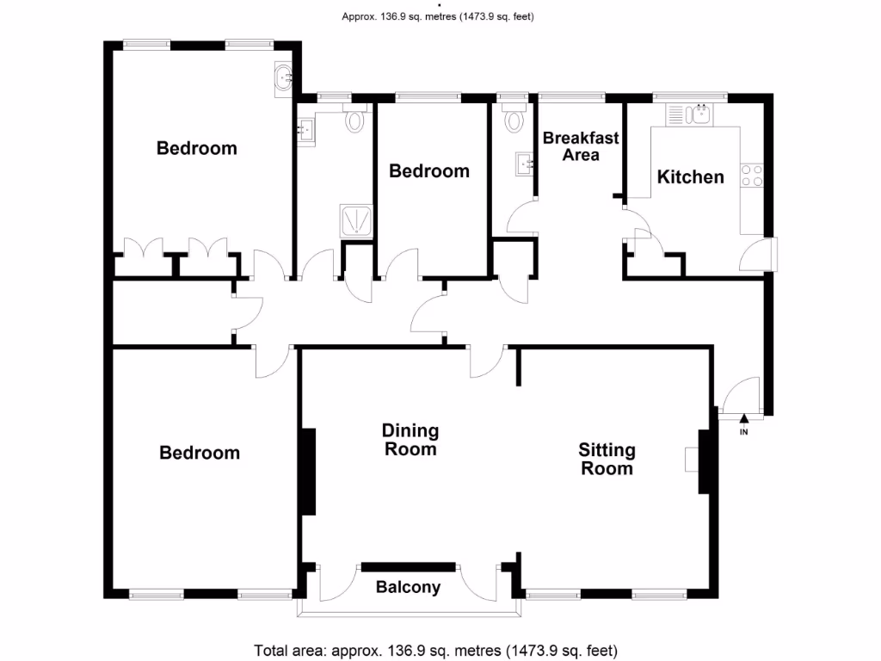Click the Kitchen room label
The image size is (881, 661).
pos(690,177)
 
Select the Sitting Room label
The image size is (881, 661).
pos(607,459)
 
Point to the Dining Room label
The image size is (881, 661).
pos(410,439)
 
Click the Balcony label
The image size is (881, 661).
pos(408,588)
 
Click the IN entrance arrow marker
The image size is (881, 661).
pos(744,421)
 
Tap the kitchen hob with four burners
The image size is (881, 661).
pos(753,176)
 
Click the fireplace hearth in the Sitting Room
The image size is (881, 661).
pos(692,460)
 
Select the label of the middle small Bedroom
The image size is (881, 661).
pos(428,171)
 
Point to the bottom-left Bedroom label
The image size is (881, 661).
pos(200,453)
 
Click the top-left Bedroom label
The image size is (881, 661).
pos(196,148)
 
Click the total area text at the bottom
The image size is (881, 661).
pos(435,650)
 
